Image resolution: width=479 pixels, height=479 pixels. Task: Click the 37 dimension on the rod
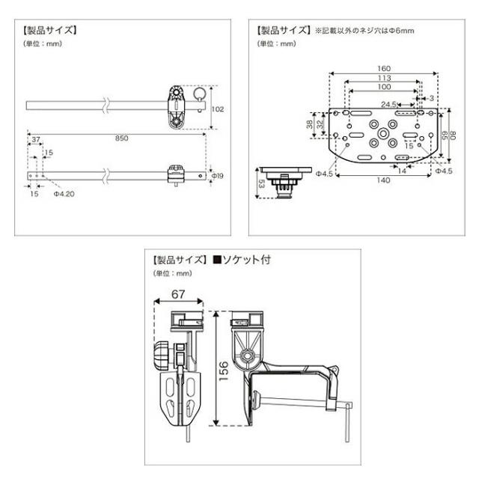[x=35, y=140]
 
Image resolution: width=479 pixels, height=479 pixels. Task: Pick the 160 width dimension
[x=384, y=68]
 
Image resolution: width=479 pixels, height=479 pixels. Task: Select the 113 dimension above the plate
[x=384, y=78]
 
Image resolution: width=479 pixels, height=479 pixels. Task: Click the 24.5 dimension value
[x=388, y=104]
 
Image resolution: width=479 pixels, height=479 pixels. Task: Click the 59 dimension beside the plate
[x=442, y=135]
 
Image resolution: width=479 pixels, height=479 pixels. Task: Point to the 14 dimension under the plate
[x=403, y=171]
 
